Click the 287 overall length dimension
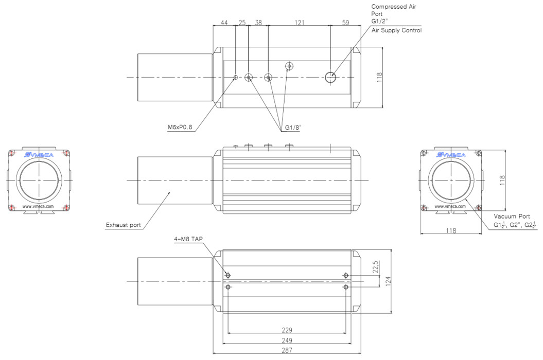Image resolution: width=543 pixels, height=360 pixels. tap(287, 350)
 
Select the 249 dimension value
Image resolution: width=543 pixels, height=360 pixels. tap(287, 340)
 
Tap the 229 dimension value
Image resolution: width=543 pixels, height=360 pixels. tap(287, 330)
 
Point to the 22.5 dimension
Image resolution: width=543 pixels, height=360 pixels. tap(375, 267)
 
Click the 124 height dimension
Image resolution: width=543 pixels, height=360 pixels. tap(388, 281)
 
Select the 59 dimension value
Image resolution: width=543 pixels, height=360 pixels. tap(345, 23)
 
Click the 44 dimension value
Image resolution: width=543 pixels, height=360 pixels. tap(224, 23)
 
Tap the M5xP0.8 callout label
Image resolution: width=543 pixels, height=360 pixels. tap(180, 128)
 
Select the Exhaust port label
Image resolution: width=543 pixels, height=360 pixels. tap(123, 225)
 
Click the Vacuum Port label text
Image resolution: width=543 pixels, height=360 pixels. tap(512, 217)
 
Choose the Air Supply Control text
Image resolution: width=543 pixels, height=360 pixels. tap(396, 30)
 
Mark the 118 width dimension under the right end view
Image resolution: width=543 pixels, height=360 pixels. tap(451, 231)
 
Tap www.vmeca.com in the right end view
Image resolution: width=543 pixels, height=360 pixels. tap(451, 207)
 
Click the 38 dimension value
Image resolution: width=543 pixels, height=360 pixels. tap(258, 23)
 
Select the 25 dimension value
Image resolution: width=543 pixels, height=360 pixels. tap(242, 23)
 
